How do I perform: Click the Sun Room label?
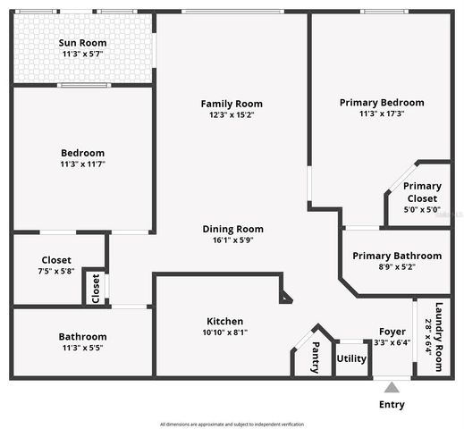(x=82, y=43)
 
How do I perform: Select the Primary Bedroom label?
(x=382, y=103)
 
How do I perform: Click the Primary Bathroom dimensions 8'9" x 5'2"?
(x=396, y=267)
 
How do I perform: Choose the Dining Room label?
(x=232, y=229)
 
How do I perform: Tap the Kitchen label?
(x=225, y=321)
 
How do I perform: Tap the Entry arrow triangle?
(x=392, y=388)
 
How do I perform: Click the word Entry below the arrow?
(x=392, y=405)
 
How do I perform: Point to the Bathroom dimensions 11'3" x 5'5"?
(x=82, y=348)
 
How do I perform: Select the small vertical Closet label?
(x=96, y=288)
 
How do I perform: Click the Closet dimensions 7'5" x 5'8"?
(x=56, y=272)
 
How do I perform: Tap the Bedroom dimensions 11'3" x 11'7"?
(x=82, y=164)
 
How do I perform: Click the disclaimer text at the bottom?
(x=232, y=424)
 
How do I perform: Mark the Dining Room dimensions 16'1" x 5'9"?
(x=232, y=240)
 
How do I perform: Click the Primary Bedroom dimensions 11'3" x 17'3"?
(x=382, y=114)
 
